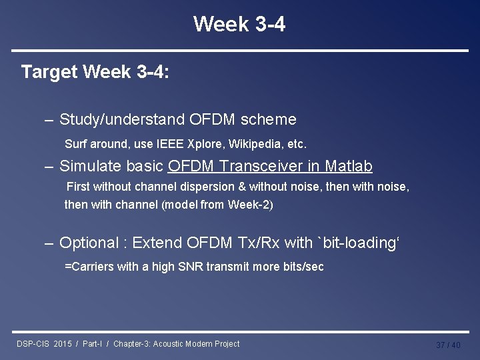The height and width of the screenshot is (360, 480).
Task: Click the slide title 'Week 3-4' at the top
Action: coord(239,25)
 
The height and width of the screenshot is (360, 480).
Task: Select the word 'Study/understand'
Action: coord(123,119)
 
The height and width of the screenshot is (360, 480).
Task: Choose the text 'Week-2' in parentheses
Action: coord(250,205)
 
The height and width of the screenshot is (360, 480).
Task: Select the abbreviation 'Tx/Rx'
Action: coord(256,243)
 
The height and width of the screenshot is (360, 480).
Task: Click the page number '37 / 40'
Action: coord(448,345)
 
